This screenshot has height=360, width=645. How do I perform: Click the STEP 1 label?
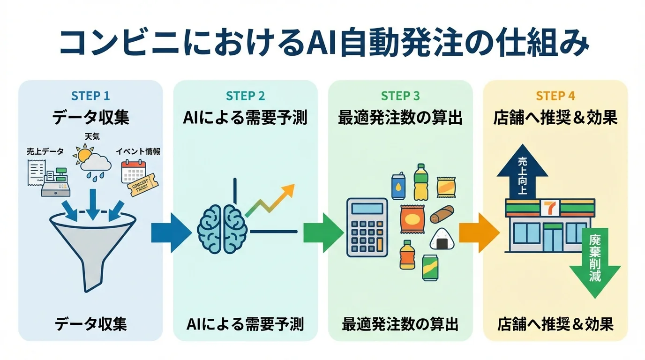pyautogui.click(x=90, y=96)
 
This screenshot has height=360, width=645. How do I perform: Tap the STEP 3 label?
pyautogui.click(x=400, y=96)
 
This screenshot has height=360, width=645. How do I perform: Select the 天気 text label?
pyautogui.click(x=92, y=136)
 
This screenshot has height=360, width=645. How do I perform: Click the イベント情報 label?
pyautogui.click(x=138, y=151)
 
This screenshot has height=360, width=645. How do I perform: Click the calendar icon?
pyautogui.click(x=133, y=172)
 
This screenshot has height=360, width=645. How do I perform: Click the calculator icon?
pyautogui.click(x=367, y=227)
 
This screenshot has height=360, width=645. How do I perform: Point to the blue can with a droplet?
pyautogui.click(x=398, y=186)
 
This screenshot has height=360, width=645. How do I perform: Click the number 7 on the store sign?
pyautogui.click(x=547, y=206)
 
